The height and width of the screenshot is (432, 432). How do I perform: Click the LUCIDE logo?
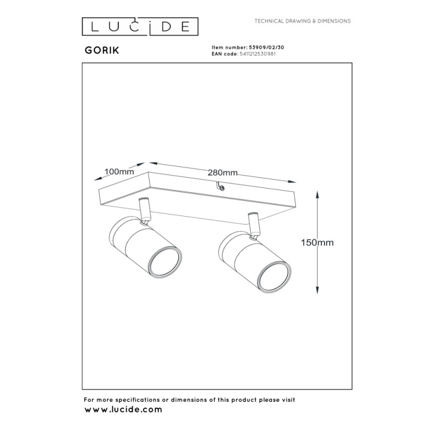pyautogui.click(x=140, y=26)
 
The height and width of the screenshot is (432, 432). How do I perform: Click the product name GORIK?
pyautogui.click(x=102, y=50)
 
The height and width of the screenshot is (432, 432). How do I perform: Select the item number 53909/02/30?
pyautogui.click(x=266, y=48)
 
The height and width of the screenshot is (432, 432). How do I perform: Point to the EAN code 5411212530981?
pyautogui.click(x=258, y=54)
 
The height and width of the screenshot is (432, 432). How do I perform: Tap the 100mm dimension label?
pyautogui.click(x=119, y=172)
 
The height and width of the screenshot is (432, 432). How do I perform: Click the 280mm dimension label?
pyautogui.click(x=222, y=173)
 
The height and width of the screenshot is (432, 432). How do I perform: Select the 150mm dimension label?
pyautogui.click(x=317, y=242)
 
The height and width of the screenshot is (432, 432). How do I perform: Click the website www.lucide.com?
pyautogui.click(x=123, y=410)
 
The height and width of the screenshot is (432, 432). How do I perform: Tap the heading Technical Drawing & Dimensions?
pyautogui.click(x=302, y=21)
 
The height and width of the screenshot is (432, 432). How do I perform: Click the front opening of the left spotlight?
pyautogui.click(x=165, y=261)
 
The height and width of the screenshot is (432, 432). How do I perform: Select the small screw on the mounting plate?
pyautogui.click(x=221, y=188)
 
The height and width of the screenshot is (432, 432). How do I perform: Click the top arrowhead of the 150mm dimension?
pyautogui.click(x=318, y=195)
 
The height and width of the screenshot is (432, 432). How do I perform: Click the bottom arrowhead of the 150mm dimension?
pyautogui.click(x=318, y=289)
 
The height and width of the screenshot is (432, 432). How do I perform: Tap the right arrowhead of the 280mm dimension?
pyautogui.click(x=292, y=181)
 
